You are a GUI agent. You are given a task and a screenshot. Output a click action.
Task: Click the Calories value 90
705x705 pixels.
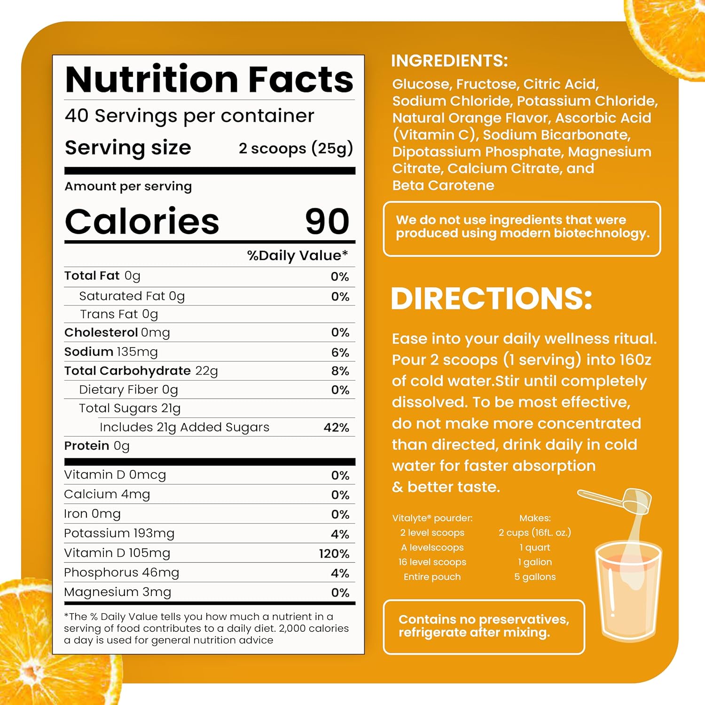pyautogui.click(x=327, y=221)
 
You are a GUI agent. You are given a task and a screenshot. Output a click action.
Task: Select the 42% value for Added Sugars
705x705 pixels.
pyautogui.click(x=337, y=428)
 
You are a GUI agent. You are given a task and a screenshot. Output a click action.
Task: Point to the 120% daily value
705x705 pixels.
pyautogui.click(x=334, y=554)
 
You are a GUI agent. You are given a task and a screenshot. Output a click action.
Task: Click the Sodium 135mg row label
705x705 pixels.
pyautogui.click(x=111, y=352)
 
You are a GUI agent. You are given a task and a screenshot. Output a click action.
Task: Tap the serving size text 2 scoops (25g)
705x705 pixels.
pyautogui.click(x=296, y=148)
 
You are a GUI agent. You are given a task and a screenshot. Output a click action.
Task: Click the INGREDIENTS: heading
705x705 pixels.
pyautogui.click(x=449, y=61)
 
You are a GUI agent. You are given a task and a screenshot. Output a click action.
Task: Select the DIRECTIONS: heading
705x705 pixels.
pyautogui.click(x=491, y=298)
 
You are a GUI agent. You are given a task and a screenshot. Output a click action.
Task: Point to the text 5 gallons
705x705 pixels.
pyautogui.click(x=535, y=577)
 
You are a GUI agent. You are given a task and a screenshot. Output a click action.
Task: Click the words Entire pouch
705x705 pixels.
pyautogui.click(x=432, y=577)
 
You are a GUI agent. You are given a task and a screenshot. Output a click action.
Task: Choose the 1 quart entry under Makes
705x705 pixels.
pyautogui.click(x=535, y=548)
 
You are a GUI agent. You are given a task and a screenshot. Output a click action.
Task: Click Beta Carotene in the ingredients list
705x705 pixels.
pyautogui.click(x=443, y=186)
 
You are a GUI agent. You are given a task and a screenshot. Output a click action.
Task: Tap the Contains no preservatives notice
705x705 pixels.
pyautogui.click(x=484, y=626)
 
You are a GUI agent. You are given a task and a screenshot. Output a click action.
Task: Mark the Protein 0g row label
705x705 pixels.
pyautogui.click(x=97, y=446)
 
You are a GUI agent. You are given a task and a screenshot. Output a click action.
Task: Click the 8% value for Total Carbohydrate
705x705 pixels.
pyautogui.click(x=340, y=371)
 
